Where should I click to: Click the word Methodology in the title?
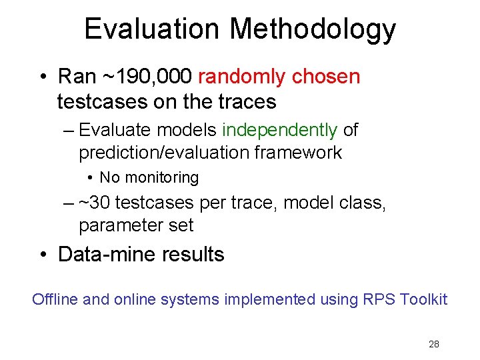coord(313,30)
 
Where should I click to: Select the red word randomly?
coord(242,77)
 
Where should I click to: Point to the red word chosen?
coord(327,77)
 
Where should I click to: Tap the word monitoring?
coord(165,177)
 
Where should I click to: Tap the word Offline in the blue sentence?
coord(54,299)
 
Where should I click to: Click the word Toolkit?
coord(424,299)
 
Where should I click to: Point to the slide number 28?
coord(434,345)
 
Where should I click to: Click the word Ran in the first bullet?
coord(77,77)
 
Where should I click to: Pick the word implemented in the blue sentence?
coord(269,299)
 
